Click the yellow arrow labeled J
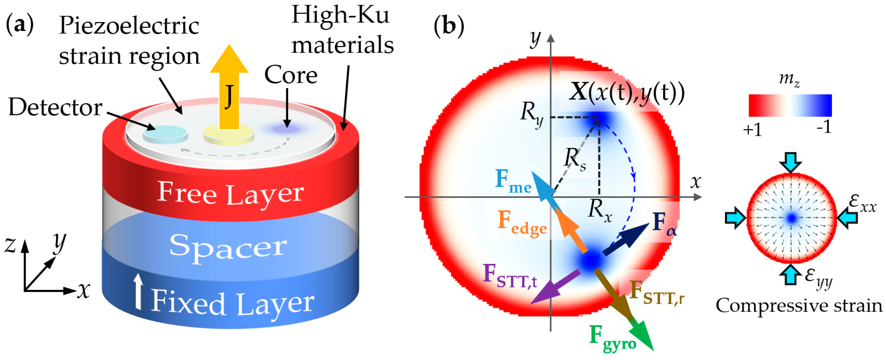[x=229, y=89]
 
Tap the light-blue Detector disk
[x=165, y=134]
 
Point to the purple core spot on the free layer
[x=285, y=129]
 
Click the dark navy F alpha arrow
[x=626, y=239]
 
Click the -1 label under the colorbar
[x=824, y=127]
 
